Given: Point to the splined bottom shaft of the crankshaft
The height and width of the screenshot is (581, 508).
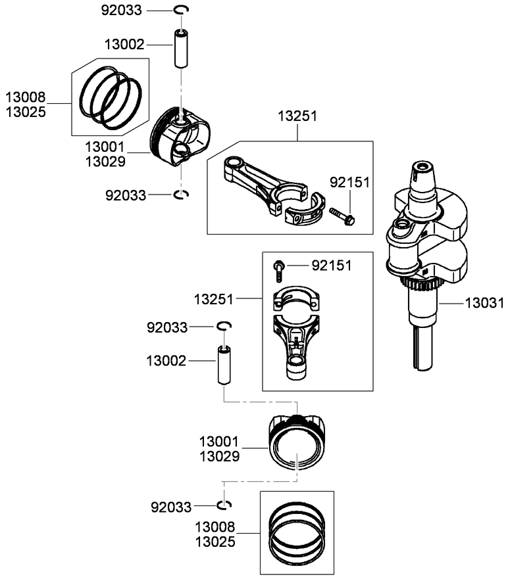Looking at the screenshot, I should click(422, 348).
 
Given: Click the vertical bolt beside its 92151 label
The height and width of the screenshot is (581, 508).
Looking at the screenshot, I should click(279, 267).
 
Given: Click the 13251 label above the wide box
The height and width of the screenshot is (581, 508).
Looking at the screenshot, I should click(297, 116).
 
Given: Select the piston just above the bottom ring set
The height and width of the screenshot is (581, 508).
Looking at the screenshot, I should click(296, 442).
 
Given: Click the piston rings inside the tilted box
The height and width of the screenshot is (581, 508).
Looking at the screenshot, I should click(111, 97).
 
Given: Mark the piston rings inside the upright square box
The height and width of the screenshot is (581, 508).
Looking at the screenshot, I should click(297, 531).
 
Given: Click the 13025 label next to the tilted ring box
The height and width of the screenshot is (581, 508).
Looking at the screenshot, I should click(26, 112).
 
